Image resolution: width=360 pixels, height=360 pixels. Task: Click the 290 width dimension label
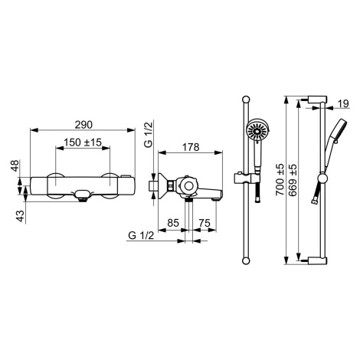tap(83, 125)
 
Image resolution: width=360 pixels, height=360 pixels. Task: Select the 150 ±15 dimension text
tap(83, 142)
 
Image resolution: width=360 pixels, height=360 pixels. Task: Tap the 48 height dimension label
tap(15, 165)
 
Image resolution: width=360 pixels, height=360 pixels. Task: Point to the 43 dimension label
tap(21, 216)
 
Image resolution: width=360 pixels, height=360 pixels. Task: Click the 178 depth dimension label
tap(191, 147)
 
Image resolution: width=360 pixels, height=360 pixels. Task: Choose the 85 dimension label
tap(173, 223)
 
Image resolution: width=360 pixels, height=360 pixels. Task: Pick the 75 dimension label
tap(205, 223)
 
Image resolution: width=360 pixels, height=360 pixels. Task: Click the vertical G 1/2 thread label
tap(149, 134)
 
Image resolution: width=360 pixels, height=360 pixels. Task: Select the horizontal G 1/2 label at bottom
tap(141, 235)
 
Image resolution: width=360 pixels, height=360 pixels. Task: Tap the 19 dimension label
tap(343, 103)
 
